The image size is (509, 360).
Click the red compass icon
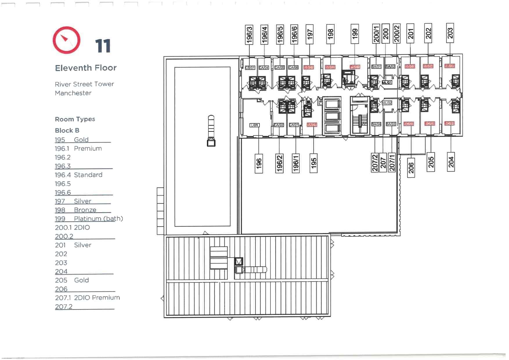click(x=66, y=40)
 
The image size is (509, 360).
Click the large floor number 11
click(x=103, y=46)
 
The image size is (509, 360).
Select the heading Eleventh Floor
click(x=86, y=68)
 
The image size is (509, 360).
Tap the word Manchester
click(x=73, y=93)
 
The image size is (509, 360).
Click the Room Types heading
click(x=75, y=119)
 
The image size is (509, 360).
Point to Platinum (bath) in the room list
click(x=98, y=219)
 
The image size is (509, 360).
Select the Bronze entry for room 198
click(x=85, y=210)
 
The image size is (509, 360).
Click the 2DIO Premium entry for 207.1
click(x=97, y=298)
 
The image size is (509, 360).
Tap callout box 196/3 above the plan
click(x=249, y=34)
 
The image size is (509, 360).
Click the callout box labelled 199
click(x=355, y=34)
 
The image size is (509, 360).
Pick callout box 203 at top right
click(x=450, y=33)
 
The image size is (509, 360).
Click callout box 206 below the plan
click(x=411, y=168)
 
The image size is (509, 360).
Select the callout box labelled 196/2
click(x=279, y=163)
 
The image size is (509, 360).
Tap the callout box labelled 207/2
click(x=375, y=163)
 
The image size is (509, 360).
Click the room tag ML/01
click(x=387, y=83)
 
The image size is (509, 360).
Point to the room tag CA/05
click(x=279, y=67)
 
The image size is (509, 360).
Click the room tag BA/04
click(x=376, y=124)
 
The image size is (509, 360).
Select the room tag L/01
click(x=255, y=125)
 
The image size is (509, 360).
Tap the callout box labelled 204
click(x=451, y=162)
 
